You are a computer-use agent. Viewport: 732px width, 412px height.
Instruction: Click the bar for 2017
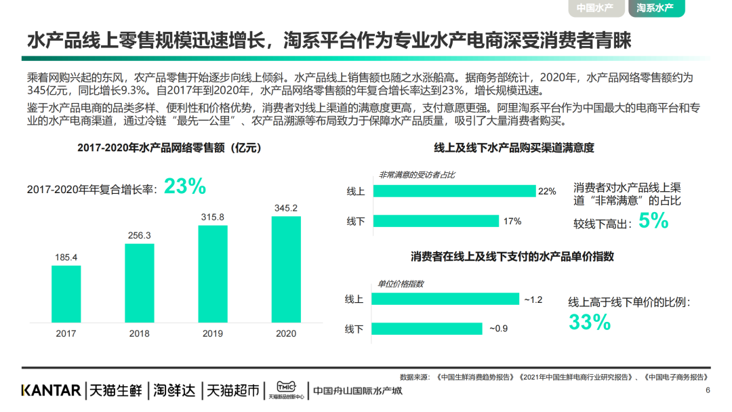[66, 294]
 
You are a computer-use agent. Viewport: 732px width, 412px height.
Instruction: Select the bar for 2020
[285, 270]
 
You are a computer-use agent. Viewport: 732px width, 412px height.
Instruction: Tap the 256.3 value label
[139, 235]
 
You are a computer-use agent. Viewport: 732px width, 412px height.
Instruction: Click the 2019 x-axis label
[212, 333]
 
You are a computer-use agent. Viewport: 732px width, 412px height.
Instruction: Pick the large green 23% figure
[184, 187]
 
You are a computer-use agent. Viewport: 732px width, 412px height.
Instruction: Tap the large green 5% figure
[653, 221]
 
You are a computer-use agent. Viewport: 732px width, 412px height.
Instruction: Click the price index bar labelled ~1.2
[445, 299]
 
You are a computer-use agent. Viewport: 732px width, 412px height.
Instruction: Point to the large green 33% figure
[590, 323]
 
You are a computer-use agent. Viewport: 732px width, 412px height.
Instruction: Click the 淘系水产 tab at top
[655, 8]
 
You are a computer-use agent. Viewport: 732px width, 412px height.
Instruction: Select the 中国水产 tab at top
[594, 8]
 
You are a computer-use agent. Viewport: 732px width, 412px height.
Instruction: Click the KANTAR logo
[51, 390]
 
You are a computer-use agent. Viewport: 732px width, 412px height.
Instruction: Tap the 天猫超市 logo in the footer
[232, 390]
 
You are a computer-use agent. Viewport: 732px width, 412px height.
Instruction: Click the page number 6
[708, 390]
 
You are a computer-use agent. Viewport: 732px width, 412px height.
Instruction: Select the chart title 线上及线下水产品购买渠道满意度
[514, 148]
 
